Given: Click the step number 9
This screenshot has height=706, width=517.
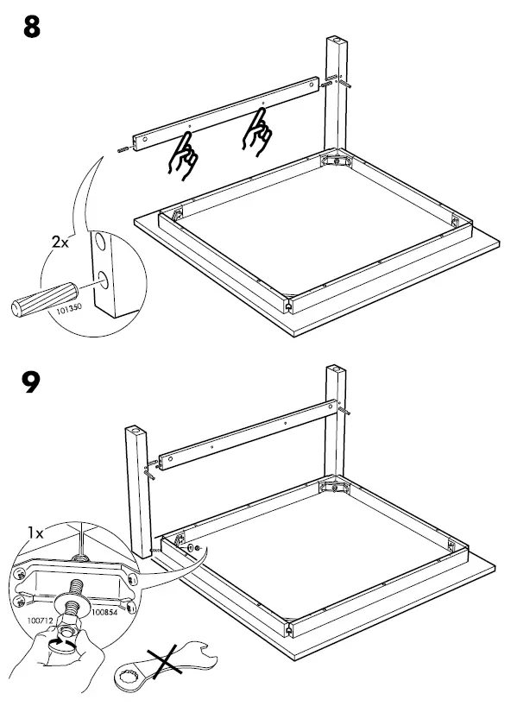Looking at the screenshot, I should tap(31, 381).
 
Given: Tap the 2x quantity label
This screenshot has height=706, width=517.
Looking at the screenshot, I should tap(60, 242).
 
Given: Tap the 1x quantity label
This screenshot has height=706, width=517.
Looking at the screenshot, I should tap(35, 533).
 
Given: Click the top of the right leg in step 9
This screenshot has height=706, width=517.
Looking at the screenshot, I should tap(336, 371).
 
